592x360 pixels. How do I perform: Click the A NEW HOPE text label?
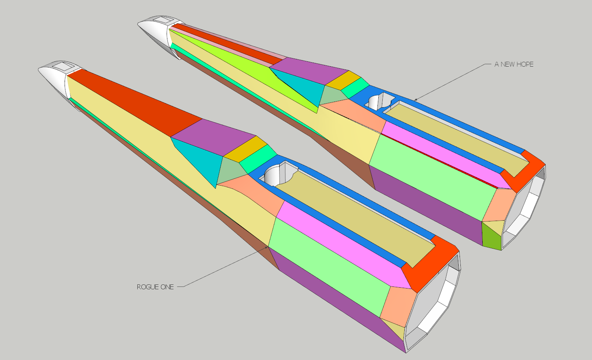tap(514, 64)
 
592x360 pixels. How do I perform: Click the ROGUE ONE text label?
tap(155, 287)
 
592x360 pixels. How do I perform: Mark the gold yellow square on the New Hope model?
tap(344, 80)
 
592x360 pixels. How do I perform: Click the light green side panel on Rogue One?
tap(325, 264)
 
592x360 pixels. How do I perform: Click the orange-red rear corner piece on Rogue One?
tap(433, 264)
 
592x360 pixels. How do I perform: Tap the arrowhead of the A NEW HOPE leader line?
tap(415, 99)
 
